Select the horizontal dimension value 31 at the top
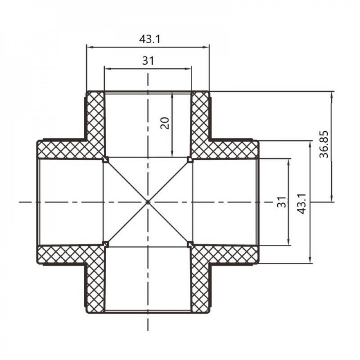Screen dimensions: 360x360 click(148, 61)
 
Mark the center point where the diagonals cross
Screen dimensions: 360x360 click(148, 202)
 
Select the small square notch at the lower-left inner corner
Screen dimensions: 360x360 click(105, 244)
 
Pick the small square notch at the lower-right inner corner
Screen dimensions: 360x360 click(190, 244)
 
